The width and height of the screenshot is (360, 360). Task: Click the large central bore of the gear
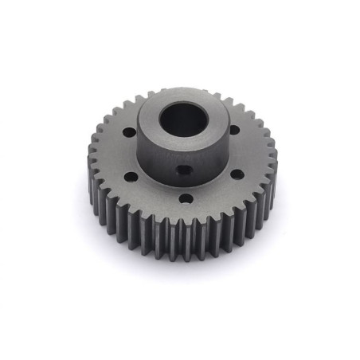click(182, 120)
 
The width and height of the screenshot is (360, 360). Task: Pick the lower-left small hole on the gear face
click(131, 177)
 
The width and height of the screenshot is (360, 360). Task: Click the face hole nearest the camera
click(185, 198)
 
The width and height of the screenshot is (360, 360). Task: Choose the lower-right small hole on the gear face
click(237, 174)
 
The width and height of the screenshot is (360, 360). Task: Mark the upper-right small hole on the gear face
click(234, 130)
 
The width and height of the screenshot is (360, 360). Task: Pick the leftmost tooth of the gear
click(88, 163)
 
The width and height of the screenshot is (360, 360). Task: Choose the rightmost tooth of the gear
click(274, 163)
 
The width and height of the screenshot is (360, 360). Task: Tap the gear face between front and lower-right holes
click(213, 191)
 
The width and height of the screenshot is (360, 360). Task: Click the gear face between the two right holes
click(243, 151)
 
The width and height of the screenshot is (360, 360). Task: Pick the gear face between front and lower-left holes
click(156, 193)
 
